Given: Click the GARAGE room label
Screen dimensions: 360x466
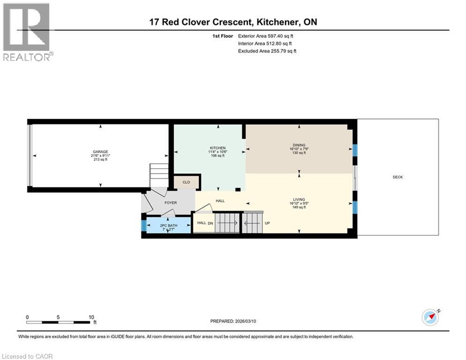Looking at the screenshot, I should tap(100, 151).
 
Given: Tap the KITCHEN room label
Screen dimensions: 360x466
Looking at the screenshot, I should tap(217, 148).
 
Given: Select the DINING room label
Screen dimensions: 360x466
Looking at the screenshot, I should tap(299, 145).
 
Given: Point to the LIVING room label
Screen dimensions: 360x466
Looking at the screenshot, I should tap(299, 200).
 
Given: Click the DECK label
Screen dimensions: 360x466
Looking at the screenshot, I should tap(398, 177).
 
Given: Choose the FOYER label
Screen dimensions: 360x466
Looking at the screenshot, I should tap(170, 203).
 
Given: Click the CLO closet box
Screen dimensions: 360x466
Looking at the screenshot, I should tap(186, 182).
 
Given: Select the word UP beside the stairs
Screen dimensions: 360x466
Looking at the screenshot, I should tap(267, 223).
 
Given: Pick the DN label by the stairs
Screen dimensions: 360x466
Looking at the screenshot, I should tap(211, 223).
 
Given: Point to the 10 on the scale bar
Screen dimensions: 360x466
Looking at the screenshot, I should tap(91, 316).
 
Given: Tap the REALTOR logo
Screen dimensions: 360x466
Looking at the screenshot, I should tap(27, 32).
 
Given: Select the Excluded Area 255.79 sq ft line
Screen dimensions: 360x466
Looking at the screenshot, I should tap(267, 51).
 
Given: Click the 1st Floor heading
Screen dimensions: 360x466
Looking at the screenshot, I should tap(222, 36).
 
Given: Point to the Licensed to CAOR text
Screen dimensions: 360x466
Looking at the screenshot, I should tap(28, 356).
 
